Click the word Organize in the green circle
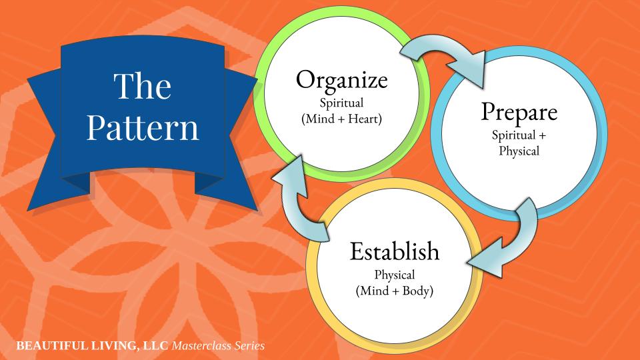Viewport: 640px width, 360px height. click(x=341, y=81)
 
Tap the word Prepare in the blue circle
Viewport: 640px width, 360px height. click(x=518, y=113)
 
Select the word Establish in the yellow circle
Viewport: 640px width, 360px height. click(x=395, y=252)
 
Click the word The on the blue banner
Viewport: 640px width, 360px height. click(x=142, y=87)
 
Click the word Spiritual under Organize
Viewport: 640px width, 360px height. click(x=341, y=105)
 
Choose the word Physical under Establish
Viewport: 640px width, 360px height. click(x=395, y=275)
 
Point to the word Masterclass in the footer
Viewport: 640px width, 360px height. click(x=200, y=346)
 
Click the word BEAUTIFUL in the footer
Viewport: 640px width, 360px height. click(x=43, y=346)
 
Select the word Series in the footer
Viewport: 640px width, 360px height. click(x=249, y=346)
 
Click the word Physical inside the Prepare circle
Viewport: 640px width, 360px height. click(x=518, y=151)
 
